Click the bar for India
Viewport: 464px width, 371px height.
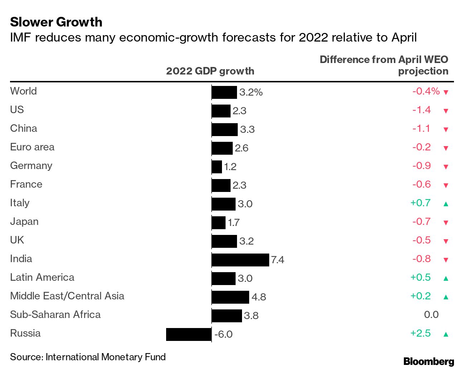[240, 260]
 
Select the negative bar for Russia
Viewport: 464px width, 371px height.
[189, 334]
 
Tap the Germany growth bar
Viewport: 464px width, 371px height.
[217, 167]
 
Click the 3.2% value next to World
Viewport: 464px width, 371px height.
[251, 92]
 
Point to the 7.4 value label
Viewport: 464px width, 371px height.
[277, 260]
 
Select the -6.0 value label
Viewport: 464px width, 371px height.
[223, 334]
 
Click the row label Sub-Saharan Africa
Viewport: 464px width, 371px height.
[55, 315]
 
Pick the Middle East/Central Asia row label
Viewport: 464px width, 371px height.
[67, 296]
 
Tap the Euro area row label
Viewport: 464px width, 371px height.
[32, 147]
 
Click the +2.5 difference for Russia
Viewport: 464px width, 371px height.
[421, 333]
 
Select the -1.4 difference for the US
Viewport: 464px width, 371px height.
[421, 110]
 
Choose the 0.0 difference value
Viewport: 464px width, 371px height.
[431, 315]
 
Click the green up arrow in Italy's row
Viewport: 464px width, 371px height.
[446, 204]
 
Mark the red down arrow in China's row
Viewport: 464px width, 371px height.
[446, 130]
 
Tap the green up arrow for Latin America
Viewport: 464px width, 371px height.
[446, 279]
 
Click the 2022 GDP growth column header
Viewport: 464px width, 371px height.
[210, 71]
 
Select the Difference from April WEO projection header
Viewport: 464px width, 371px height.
[384, 65]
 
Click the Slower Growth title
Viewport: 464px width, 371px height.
[56, 22]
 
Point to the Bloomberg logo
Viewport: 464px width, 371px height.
[429, 362]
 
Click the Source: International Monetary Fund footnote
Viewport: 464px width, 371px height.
[88, 357]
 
